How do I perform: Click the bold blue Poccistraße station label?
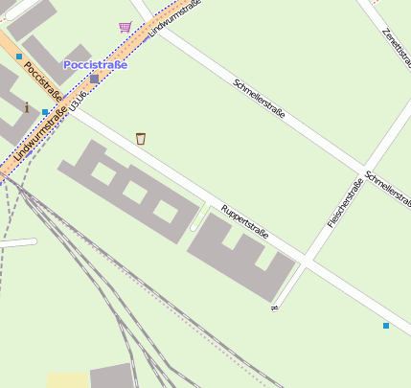click(95, 64)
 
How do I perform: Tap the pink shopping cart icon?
click(125, 27)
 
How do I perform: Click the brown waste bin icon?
click(141, 139)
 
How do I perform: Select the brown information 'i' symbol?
click(27, 107)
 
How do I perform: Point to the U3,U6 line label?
click(81, 102)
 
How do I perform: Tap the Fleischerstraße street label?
click(345, 204)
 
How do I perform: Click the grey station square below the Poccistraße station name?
click(94, 80)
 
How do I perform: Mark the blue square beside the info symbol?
click(45, 112)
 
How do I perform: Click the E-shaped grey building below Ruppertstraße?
click(240, 255)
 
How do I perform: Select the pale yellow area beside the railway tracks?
click(67, 379)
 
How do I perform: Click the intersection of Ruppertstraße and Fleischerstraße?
click(306, 260)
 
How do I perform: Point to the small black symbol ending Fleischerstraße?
click(274, 308)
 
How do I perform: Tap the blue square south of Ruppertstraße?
click(386, 326)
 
